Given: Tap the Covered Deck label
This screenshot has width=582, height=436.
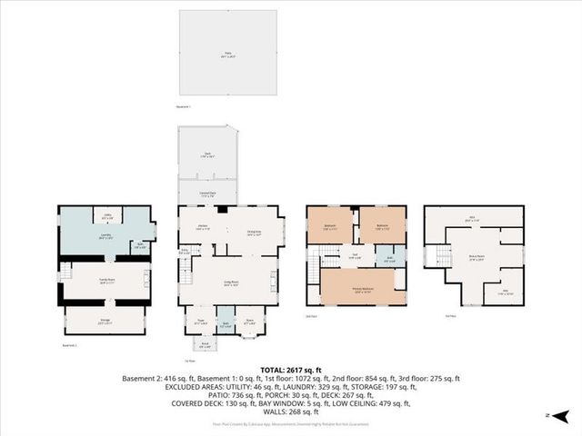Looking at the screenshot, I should [x=207, y=193].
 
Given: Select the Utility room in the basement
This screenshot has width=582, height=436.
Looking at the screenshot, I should [x=107, y=216].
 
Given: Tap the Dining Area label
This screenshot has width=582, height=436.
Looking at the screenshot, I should [x=255, y=231].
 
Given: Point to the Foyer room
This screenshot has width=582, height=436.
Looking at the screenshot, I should [x=200, y=320].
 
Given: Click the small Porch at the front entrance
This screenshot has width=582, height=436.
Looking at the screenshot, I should [x=205, y=344].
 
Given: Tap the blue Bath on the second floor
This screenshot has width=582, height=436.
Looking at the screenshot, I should [x=389, y=258].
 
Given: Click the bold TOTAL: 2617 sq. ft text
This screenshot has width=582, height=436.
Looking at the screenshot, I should [x=291, y=371].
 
